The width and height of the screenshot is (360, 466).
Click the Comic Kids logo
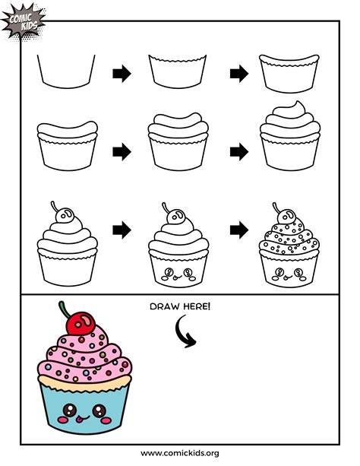click(24, 21)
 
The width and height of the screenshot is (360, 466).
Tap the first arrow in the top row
click(121, 74)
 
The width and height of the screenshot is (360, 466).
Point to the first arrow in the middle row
click(121, 151)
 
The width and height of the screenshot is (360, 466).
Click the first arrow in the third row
click(121, 229)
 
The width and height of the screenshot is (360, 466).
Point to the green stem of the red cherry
click(63, 308)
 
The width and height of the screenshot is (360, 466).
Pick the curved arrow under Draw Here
click(182, 331)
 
